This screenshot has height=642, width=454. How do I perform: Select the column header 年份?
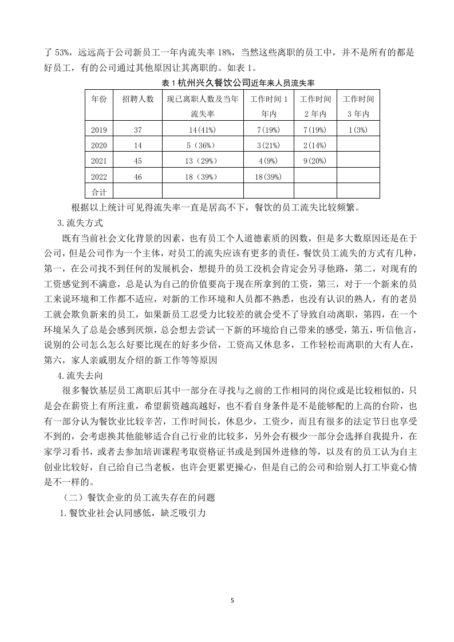(99, 99)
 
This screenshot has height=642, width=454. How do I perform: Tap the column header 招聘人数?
(138, 99)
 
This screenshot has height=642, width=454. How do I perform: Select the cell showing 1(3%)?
(358, 130)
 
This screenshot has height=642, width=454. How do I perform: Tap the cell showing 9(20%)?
(314, 161)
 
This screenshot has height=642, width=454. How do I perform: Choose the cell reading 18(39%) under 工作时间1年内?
(268, 177)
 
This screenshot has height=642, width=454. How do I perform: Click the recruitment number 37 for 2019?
(138, 130)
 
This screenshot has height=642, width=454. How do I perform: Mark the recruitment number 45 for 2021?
(138, 161)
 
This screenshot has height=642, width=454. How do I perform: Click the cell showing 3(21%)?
(268, 145)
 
